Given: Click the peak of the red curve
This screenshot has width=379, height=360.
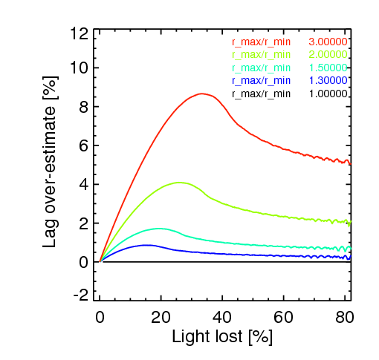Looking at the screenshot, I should (202, 94).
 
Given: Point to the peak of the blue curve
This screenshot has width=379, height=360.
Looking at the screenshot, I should (147, 244).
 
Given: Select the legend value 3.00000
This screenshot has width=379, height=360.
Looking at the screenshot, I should (328, 42).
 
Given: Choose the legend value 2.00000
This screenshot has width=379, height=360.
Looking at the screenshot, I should (328, 54).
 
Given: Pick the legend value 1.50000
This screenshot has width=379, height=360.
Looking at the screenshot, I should (328, 67).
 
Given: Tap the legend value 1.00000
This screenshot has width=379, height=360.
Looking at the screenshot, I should (328, 94).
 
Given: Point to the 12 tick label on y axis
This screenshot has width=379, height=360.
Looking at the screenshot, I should (80, 34).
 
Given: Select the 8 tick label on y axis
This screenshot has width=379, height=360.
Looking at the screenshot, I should (85, 106).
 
